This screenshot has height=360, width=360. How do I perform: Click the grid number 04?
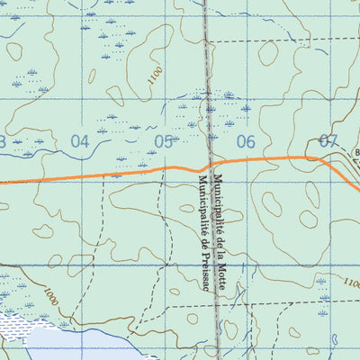pos(80,140)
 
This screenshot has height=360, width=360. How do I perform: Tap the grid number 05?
pos(164,140)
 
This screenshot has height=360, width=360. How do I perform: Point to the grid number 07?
pos(328,140)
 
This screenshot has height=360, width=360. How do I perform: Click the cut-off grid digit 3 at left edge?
pos(3,140)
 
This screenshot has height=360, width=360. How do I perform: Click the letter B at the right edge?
pos(356,152)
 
